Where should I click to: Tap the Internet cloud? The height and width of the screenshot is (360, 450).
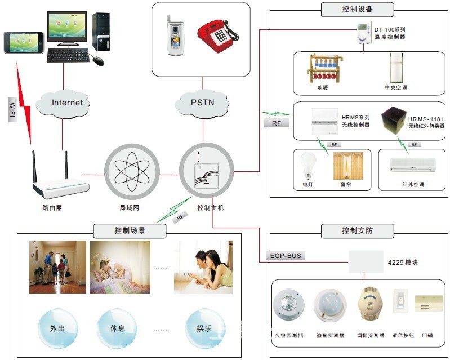(x=67, y=103)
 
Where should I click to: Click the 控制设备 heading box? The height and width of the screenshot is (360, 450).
(x=357, y=9)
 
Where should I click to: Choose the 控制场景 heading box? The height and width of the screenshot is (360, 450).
(x=130, y=230)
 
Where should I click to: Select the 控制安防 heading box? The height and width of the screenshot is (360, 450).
(x=357, y=230)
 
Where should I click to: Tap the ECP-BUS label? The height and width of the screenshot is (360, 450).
(x=286, y=256)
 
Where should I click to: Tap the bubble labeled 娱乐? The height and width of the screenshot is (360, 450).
(x=204, y=328)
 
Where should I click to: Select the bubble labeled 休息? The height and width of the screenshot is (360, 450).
(x=118, y=328)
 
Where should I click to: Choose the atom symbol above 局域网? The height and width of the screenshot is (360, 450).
(x=131, y=170)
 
